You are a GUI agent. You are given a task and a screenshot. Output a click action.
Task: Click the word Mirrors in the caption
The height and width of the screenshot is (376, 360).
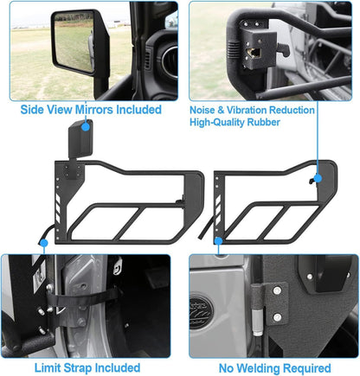[x=93, y=110]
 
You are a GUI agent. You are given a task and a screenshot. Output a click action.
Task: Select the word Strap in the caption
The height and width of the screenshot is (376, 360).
[x=77, y=368]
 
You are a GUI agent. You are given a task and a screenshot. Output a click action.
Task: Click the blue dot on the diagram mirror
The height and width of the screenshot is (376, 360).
[x=86, y=126]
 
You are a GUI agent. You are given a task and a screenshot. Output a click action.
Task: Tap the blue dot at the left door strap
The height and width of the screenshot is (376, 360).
[x=44, y=243]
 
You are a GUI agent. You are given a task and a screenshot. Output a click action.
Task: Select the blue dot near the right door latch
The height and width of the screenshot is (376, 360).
[x=318, y=178]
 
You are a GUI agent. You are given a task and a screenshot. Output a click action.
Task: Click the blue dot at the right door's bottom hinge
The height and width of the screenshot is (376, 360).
[x=218, y=240]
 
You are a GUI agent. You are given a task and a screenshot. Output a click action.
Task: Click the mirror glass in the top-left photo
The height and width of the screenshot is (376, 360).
[x=74, y=41]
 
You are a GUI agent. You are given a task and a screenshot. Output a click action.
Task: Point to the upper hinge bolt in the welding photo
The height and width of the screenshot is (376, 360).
[x=277, y=290]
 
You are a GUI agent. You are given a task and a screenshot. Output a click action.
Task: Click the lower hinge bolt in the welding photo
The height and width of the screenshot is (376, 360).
[x=277, y=317]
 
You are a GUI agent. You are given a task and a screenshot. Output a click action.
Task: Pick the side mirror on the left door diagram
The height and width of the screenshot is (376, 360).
[x=80, y=139]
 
